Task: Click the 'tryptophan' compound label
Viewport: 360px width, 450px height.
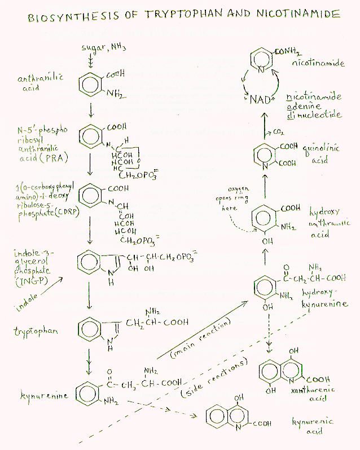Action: (35, 331)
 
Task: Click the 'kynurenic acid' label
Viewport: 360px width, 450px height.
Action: (312, 426)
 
